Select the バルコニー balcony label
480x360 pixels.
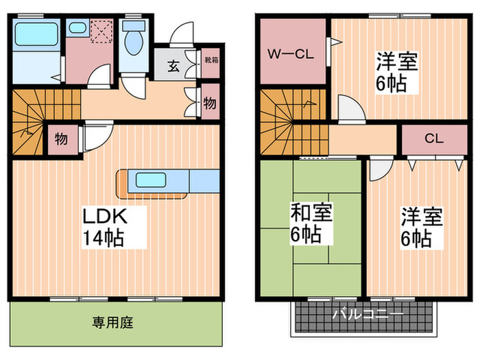(368, 315)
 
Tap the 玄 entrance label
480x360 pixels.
(174, 67)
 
